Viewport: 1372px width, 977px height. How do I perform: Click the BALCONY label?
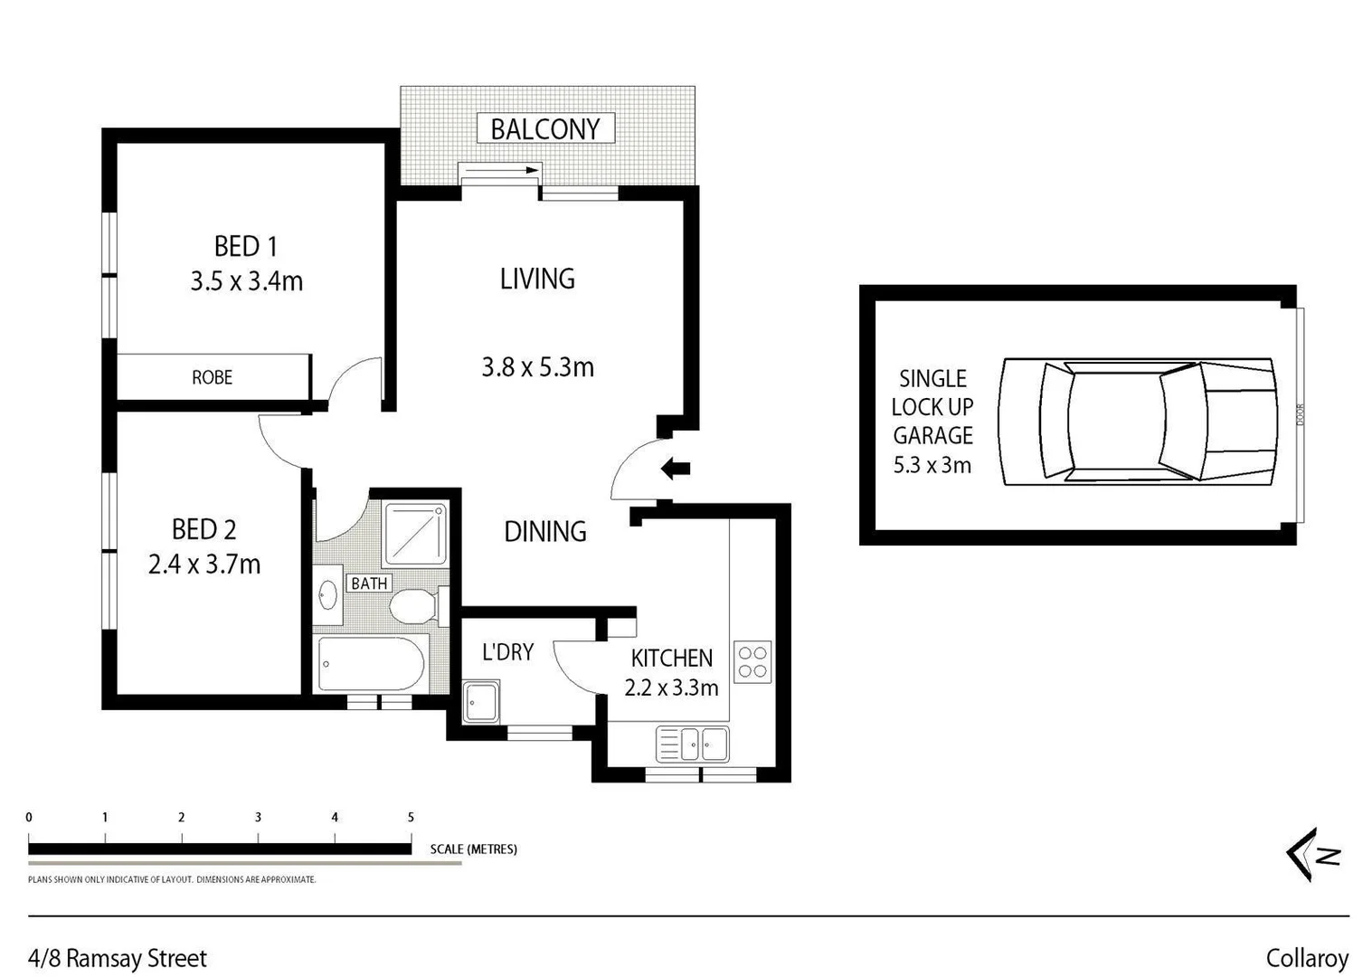point(545,129)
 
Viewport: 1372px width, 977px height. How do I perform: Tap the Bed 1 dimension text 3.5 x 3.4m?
point(246,281)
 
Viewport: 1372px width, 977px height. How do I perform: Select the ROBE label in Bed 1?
point(212,377)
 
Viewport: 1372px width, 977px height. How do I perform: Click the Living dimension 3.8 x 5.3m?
point(537,367)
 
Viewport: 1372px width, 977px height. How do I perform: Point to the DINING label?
point(544,531)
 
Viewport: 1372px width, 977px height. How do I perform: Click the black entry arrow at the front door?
point(676,469)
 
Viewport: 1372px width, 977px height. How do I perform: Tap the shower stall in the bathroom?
point(416,534)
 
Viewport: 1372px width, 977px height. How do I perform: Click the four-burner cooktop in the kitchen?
point(752,661)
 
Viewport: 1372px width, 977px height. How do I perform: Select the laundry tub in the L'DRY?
point(480,703)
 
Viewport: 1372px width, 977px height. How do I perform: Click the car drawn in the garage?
point(1138,421)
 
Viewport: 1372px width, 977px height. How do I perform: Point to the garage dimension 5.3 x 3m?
point(932,465)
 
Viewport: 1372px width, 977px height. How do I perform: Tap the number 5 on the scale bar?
point(411,817)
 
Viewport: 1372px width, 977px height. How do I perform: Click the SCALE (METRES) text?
point(473,849)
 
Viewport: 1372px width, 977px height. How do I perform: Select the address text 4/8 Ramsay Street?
point(118,958)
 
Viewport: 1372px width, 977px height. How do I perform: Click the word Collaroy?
point(1307,958)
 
